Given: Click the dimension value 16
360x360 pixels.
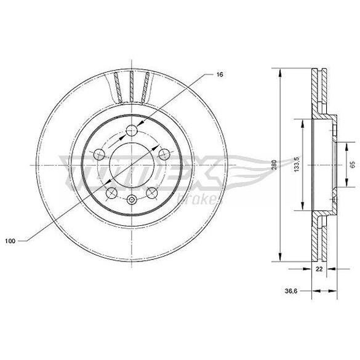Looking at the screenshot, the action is pyautogui.click(x=220, y=74).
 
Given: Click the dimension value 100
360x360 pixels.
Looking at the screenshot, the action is pyautogui.click(x=10, y=241).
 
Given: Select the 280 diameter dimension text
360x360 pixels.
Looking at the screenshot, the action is pyautogui.click(x=274, y=165).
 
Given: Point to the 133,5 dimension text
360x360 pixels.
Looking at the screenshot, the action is pyautogui.click(x=297, y=164).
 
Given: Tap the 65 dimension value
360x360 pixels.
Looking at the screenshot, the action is pyautogui.click(x=353, y=164).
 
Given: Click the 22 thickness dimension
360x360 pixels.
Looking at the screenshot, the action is pyautogui.click(x=319, y=269).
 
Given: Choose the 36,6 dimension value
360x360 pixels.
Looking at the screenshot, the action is pyautogui.click(x=291, y=291).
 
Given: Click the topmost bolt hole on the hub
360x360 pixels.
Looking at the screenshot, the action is pyautogui.click(x=132, y=130).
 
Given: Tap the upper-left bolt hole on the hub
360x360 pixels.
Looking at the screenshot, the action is pyautogui.click(x=99, y=154).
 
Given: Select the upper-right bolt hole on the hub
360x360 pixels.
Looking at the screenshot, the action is pyautogui.click(x=164, y=154).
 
